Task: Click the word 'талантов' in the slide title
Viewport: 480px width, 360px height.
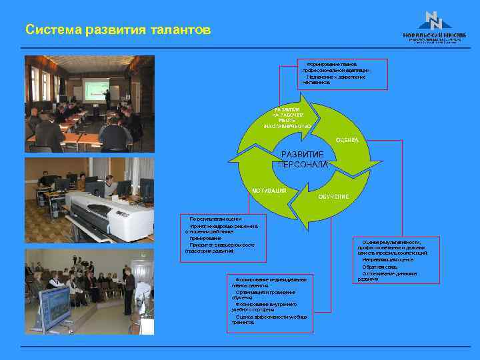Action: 179,31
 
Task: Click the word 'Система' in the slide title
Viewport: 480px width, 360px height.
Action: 51,31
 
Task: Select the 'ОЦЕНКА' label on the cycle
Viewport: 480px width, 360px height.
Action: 347,140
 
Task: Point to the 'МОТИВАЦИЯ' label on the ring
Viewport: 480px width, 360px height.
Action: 269,191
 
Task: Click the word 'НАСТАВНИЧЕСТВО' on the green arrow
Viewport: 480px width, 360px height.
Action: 287,126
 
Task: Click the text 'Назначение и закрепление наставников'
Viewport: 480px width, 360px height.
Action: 333,79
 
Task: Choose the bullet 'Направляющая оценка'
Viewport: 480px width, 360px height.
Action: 387,259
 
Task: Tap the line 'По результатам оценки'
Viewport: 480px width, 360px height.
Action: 215,219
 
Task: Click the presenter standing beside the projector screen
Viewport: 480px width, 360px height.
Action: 107,99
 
